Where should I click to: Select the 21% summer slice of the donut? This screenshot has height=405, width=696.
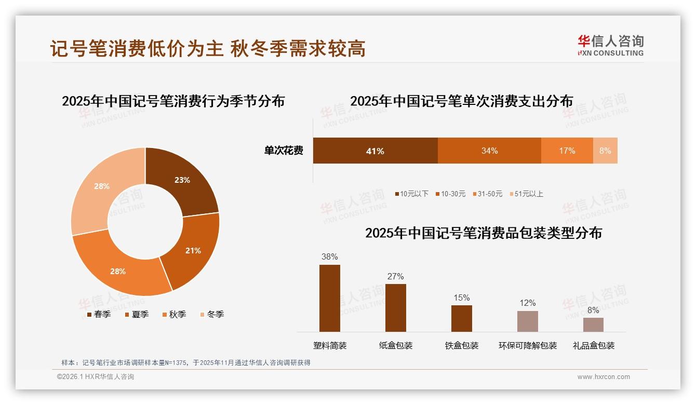(193, 250)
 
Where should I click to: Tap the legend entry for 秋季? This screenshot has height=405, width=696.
(174, 315)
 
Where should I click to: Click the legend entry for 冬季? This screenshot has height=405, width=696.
(211, 315)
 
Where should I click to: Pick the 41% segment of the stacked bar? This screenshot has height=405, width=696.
(375, 151)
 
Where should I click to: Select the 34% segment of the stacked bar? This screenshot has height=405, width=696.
(489, 151)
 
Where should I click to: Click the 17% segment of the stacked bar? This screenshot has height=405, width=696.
(567, 151)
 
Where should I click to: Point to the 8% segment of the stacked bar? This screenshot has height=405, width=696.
(605, 151)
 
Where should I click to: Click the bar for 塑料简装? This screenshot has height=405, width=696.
(330, 298)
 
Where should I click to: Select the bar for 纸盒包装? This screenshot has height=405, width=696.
(396, 307)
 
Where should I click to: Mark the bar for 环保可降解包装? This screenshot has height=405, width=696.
(528, 321)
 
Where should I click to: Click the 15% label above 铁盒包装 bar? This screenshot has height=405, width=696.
(461, 298)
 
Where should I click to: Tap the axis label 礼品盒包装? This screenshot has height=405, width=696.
(593, 346)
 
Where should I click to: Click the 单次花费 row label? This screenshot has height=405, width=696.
(284, 151)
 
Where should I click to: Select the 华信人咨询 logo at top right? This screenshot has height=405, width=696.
(610, 45)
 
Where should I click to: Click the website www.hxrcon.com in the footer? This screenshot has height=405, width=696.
(604, 377)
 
